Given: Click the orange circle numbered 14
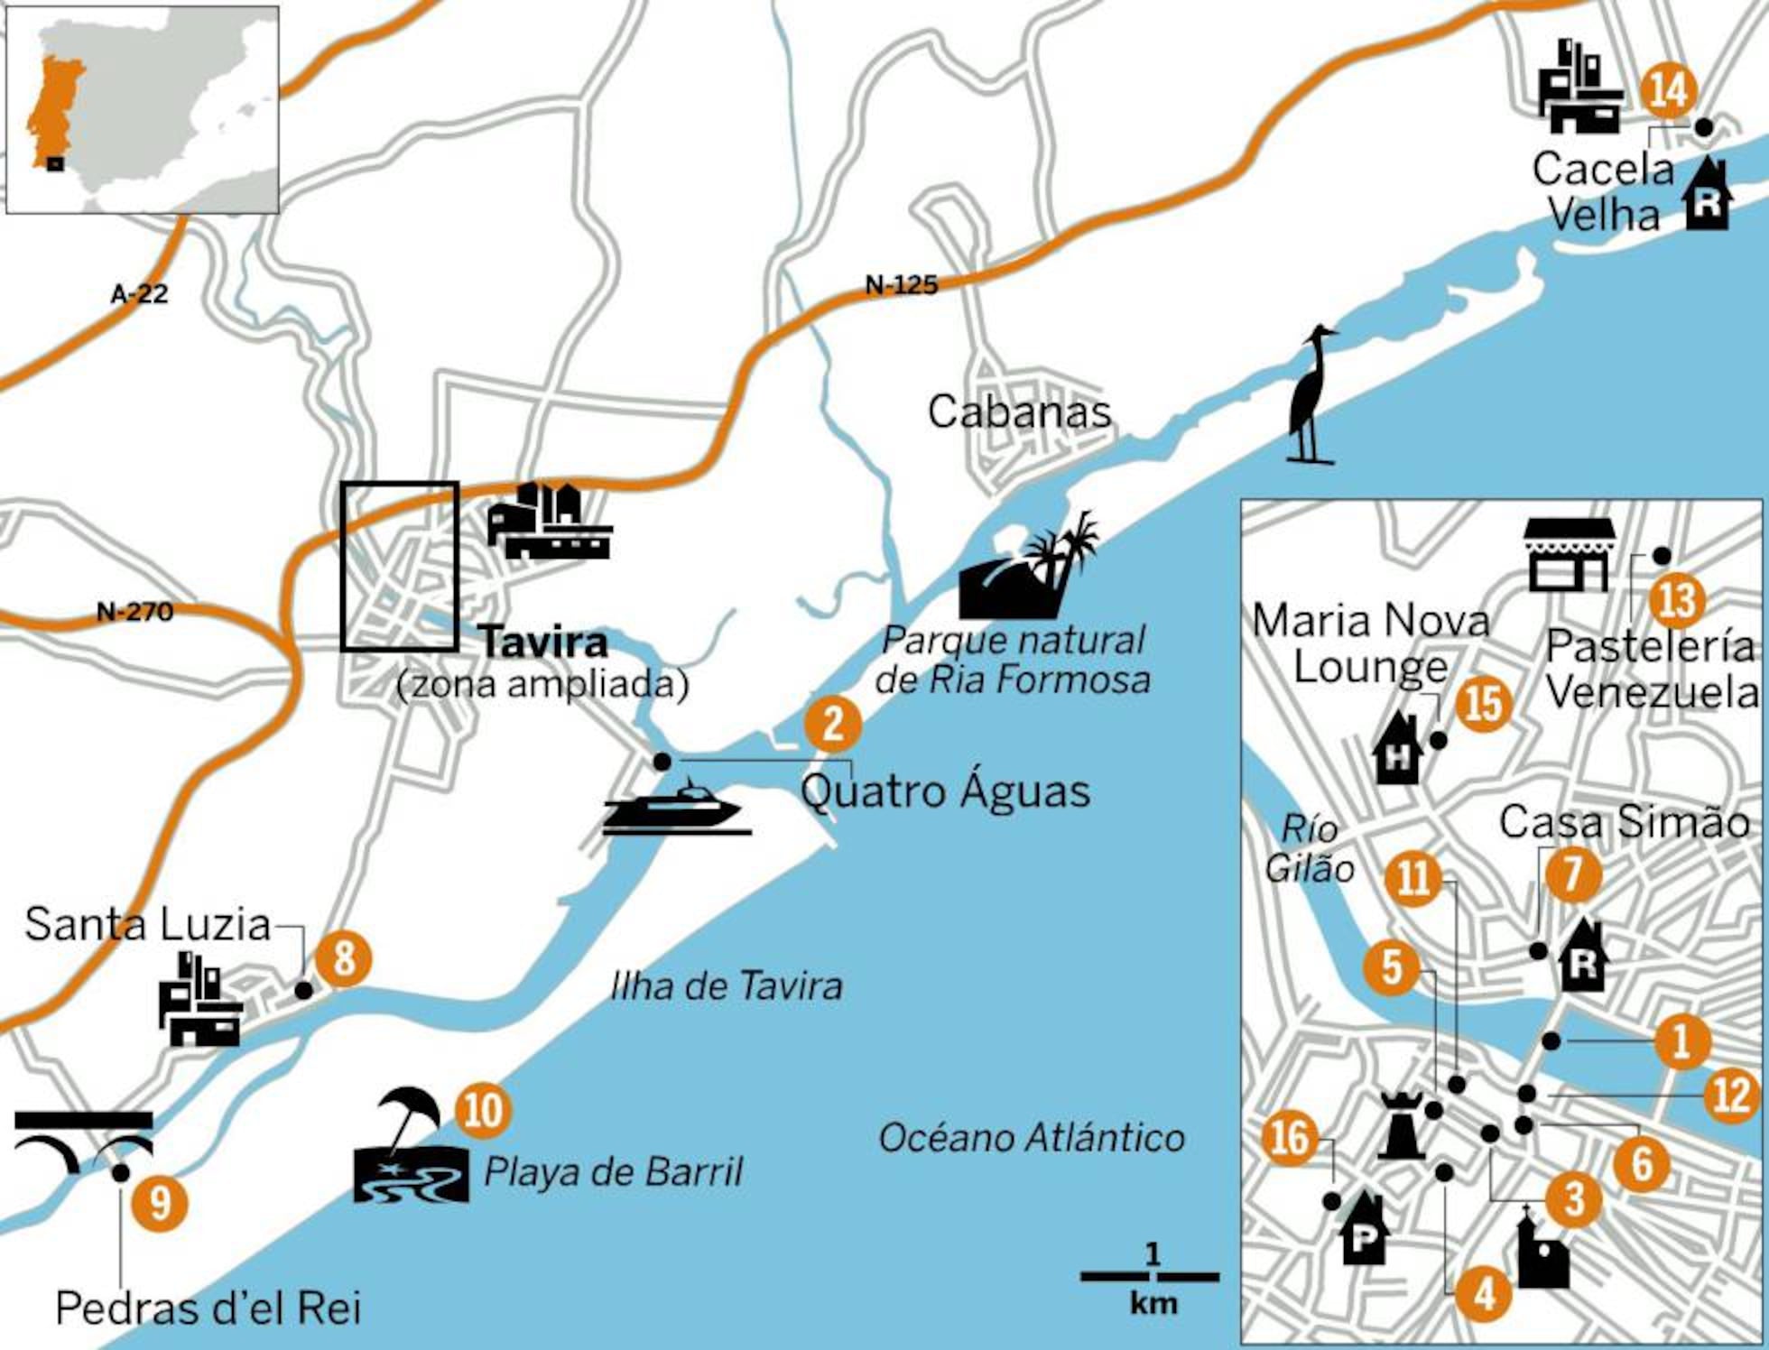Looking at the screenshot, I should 1669,91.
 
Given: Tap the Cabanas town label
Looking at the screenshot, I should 1019,412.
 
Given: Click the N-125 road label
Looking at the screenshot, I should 901,286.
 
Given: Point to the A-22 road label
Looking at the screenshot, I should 139,293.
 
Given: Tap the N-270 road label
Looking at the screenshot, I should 134,612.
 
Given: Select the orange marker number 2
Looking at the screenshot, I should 833,723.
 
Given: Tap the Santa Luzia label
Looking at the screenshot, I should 148,924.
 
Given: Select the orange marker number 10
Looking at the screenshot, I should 484,1109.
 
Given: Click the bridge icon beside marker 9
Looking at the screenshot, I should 83,1140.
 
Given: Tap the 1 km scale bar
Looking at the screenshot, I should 1150,1276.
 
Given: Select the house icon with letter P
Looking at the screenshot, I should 1364,1229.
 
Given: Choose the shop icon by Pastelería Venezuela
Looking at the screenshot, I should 1570,555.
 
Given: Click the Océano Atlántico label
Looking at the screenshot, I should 1031,1138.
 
